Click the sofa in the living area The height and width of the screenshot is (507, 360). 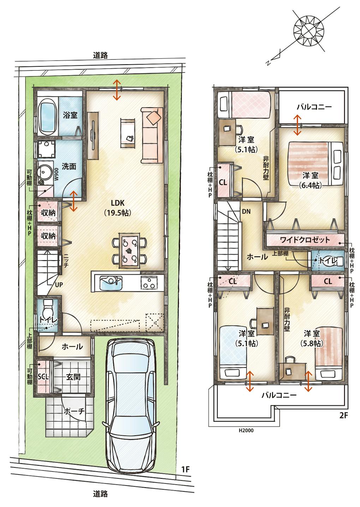[x=152, y=135]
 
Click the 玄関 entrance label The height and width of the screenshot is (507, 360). [x=73, y=377]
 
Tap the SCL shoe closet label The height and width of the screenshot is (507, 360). [x=43, y=377]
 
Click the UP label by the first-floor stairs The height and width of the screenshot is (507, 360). [x=59, y=285]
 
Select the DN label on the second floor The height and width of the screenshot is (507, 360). [x=246, y=211]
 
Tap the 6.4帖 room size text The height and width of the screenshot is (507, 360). [x=311, y=186]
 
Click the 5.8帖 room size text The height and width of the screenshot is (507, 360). [x=311, y=344]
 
